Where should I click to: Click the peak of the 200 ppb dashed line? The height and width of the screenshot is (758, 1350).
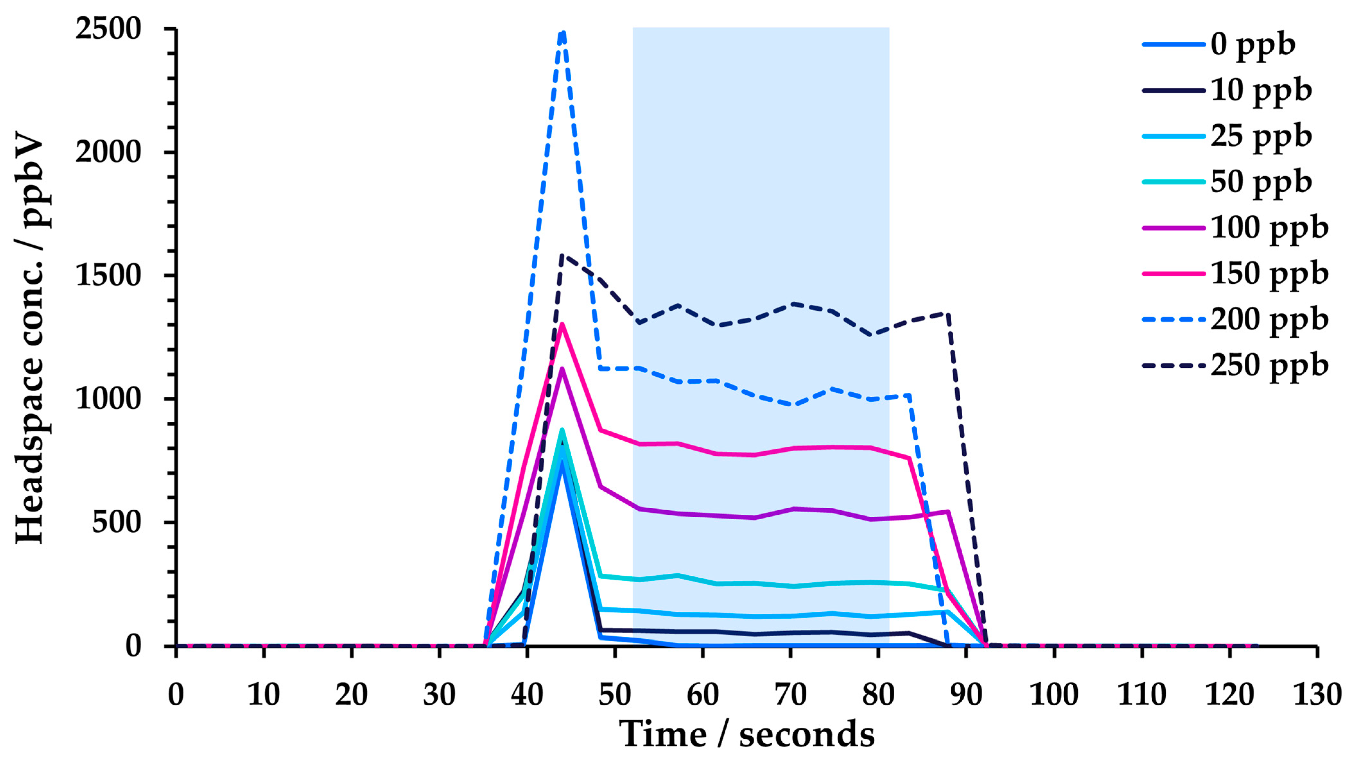(562, 32)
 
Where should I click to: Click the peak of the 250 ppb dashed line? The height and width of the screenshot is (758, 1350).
(562, 256)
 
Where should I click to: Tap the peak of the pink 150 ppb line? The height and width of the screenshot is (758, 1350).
(562, 324)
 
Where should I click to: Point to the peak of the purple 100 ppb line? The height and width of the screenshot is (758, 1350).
(562, 368)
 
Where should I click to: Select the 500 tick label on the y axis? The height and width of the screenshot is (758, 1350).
(117, 522)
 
